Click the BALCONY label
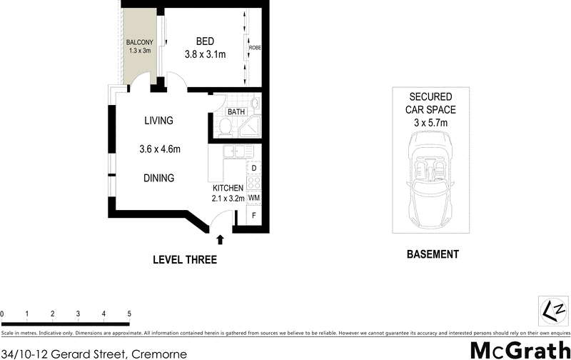[x=139, y=42]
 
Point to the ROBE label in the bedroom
[x=255, y=48]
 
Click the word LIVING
[x=158, y=121]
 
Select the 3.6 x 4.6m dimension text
[x=159, y=149]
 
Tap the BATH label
[x=236, y=112]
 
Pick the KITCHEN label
[x=228, y=188]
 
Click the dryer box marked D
[x=253, y=169]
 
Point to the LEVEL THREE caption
[x=185, y=260]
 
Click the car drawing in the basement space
[x=431, y=178]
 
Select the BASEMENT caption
[x=432, y=254]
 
